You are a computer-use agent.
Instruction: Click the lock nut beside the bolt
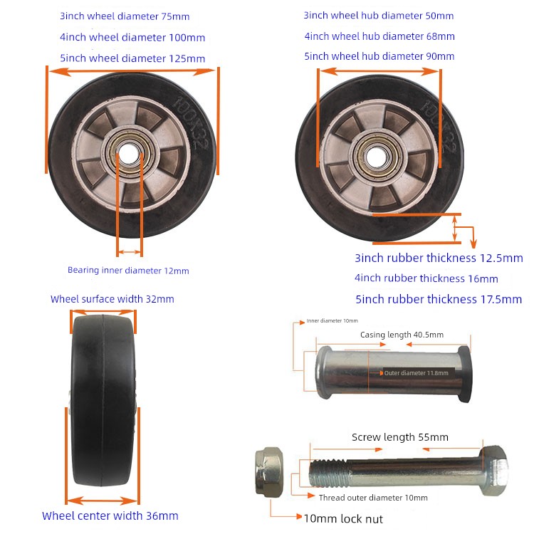click(x=269, y=472)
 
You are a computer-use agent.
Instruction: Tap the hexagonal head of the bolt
click(x=496, y=471)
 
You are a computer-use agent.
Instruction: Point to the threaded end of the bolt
click(x=328, y=473)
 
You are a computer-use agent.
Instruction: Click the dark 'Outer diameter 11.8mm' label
click(x=417, y=373)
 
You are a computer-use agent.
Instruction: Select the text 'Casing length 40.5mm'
click(x=402, y=335)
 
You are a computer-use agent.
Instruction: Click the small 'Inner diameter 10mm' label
click(x=332, y=320)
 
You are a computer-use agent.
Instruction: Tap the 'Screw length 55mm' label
click(x=400, y=437)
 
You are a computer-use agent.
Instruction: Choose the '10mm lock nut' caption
click(x=343, y=518)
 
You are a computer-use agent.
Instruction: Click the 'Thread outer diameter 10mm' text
click(x=373, y=498)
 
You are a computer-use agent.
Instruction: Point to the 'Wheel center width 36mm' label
click(x=110, y=515)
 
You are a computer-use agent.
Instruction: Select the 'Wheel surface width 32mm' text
click(x=112, y=299)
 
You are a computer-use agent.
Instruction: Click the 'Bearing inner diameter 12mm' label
click(x=128, y=271)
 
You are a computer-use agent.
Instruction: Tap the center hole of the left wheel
click(x=130, y=154)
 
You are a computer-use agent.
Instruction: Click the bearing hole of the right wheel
click(x=377, y=157)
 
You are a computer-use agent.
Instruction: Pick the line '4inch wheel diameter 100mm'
click(x=132, y=37)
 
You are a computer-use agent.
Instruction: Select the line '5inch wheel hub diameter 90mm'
click(x=379, y=56)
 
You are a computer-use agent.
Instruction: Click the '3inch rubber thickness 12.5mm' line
click(x=439, y=258)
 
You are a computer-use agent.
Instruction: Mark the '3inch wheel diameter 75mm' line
click(x=125, y=16)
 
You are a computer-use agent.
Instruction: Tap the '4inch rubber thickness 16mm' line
click(x=426, y=278)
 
